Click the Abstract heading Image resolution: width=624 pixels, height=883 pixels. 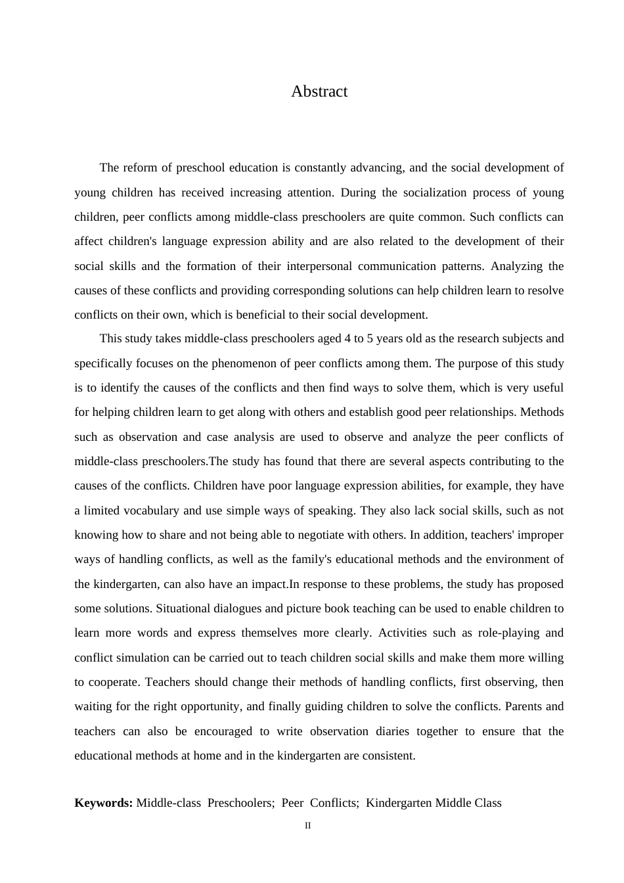319,91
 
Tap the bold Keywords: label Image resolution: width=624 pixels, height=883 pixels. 104,803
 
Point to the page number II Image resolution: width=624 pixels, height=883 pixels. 307,826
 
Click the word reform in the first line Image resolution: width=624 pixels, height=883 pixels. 141,168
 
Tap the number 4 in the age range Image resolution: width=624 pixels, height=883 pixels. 347,339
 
